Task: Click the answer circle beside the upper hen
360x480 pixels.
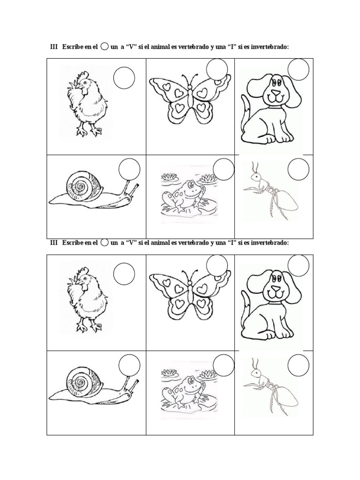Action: (x=124, y=78)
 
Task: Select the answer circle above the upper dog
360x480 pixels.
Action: (x=299, y=70)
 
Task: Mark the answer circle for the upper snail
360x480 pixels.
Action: (x=129, y=170)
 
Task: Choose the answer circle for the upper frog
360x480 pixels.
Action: (x=223, y=169)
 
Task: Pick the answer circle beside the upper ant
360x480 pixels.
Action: (x=298, y=170)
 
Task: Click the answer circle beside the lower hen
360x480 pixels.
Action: (x=124, y=274)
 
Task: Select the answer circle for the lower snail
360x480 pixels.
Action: (x=129, y=366)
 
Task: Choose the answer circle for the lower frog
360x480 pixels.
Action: (x=223, y=366)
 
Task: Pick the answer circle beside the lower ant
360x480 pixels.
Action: (x=298, y=366)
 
